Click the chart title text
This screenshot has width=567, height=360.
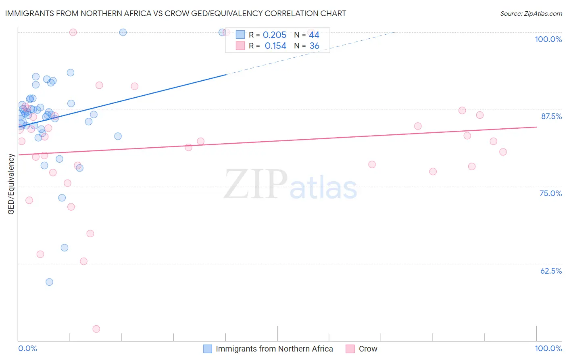[x=175, y=13]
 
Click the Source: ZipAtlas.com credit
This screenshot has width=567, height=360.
[x=531, y=13]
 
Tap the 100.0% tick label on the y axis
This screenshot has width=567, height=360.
[x=548, y=39]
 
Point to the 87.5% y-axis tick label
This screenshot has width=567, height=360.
[x=551, y=116]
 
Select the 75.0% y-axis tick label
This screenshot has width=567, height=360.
[x=550, y=193]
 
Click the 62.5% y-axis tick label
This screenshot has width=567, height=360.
[x=551, y=271]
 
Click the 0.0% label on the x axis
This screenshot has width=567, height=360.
[x=27, y=348]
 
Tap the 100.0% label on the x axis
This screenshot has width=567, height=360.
[x=548, y=348]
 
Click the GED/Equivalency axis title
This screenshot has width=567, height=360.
[x=11, y=184]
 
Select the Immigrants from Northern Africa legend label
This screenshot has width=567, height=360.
[x=274, y=349]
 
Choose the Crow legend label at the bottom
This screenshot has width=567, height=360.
[x=368, y=349]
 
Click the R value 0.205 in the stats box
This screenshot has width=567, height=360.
[x=274, y=35]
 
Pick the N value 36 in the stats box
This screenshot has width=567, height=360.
[x=314, y=46]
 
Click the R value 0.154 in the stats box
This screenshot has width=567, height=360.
[x=275, y=46]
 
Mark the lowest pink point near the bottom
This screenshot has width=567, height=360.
[x=96, y=329]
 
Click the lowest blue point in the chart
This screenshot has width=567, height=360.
[x=49, y=282]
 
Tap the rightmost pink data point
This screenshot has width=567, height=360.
[x=503, y=152]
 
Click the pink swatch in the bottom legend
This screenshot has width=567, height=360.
[x=350, y=349]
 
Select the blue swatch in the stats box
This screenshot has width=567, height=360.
[x=240, y=35]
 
